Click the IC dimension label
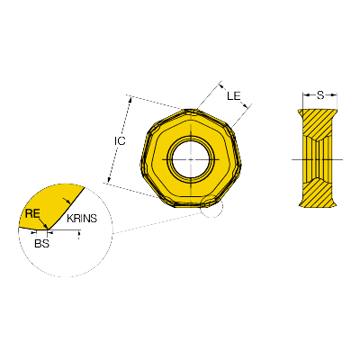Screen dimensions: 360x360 point(120,140)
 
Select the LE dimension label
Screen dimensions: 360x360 point(234,96)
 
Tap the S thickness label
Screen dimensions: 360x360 point(320,95)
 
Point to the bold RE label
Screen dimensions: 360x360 point(32,213)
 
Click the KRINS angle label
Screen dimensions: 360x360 point(82,219)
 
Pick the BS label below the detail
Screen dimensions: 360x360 point(41,243)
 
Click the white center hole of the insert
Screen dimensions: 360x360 point(191,159)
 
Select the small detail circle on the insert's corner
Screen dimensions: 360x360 point(211,206)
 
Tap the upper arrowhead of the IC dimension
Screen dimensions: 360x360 point(130,100)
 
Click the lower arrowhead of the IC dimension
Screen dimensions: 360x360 point(109,180)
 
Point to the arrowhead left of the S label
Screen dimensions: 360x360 point(306,95)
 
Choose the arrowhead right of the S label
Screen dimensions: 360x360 point(333,95)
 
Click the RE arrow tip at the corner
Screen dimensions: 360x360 point(46,227)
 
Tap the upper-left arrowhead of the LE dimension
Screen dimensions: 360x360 point(222,86)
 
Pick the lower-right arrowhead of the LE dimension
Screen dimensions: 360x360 point(247,105)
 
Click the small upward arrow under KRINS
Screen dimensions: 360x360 point(79,234)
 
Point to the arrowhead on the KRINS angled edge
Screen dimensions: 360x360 point(68,201)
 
